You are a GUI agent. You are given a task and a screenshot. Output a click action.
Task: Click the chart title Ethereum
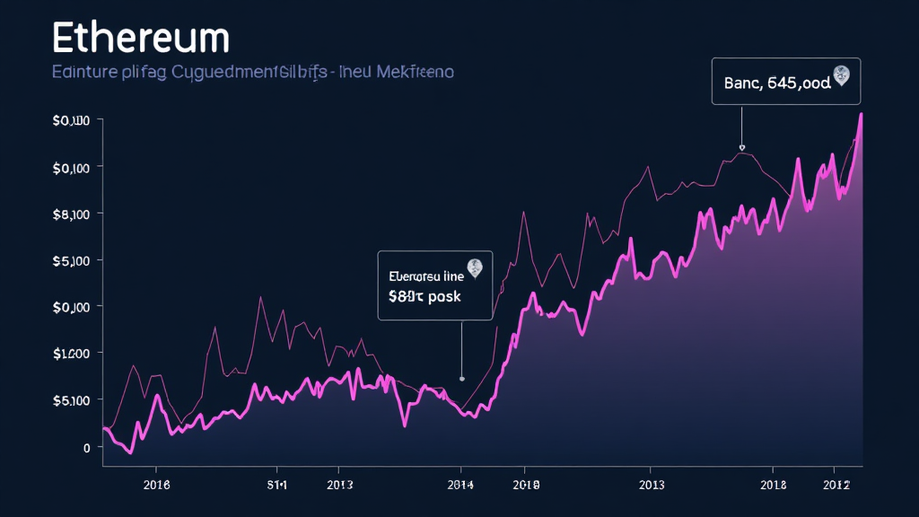click(141, 39)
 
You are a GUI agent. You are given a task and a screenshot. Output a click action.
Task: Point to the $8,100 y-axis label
click(71, 214)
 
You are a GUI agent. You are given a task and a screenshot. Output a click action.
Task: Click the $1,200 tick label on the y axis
click(71, 353)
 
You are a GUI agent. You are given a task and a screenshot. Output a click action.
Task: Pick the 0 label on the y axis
click(86, 446)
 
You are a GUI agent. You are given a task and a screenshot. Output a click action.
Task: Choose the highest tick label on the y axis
click(71, 120)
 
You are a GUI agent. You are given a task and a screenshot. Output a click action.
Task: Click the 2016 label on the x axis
click(156, 484)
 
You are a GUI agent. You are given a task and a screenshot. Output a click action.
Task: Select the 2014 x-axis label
click(459, 484)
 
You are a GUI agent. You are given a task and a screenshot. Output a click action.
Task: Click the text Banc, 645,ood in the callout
click(776, 83)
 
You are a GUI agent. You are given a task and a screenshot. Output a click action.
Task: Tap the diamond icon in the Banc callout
click(841, 75)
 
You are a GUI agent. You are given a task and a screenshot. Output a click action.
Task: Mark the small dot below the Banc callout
click(741, 147)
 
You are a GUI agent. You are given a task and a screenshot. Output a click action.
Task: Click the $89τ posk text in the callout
click(424, 295)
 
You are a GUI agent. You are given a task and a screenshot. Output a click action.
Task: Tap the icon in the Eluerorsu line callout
click(475, 267)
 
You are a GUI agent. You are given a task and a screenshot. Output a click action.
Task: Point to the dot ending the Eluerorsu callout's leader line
click(461, 379)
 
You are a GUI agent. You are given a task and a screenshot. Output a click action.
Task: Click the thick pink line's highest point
click(861, 114)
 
